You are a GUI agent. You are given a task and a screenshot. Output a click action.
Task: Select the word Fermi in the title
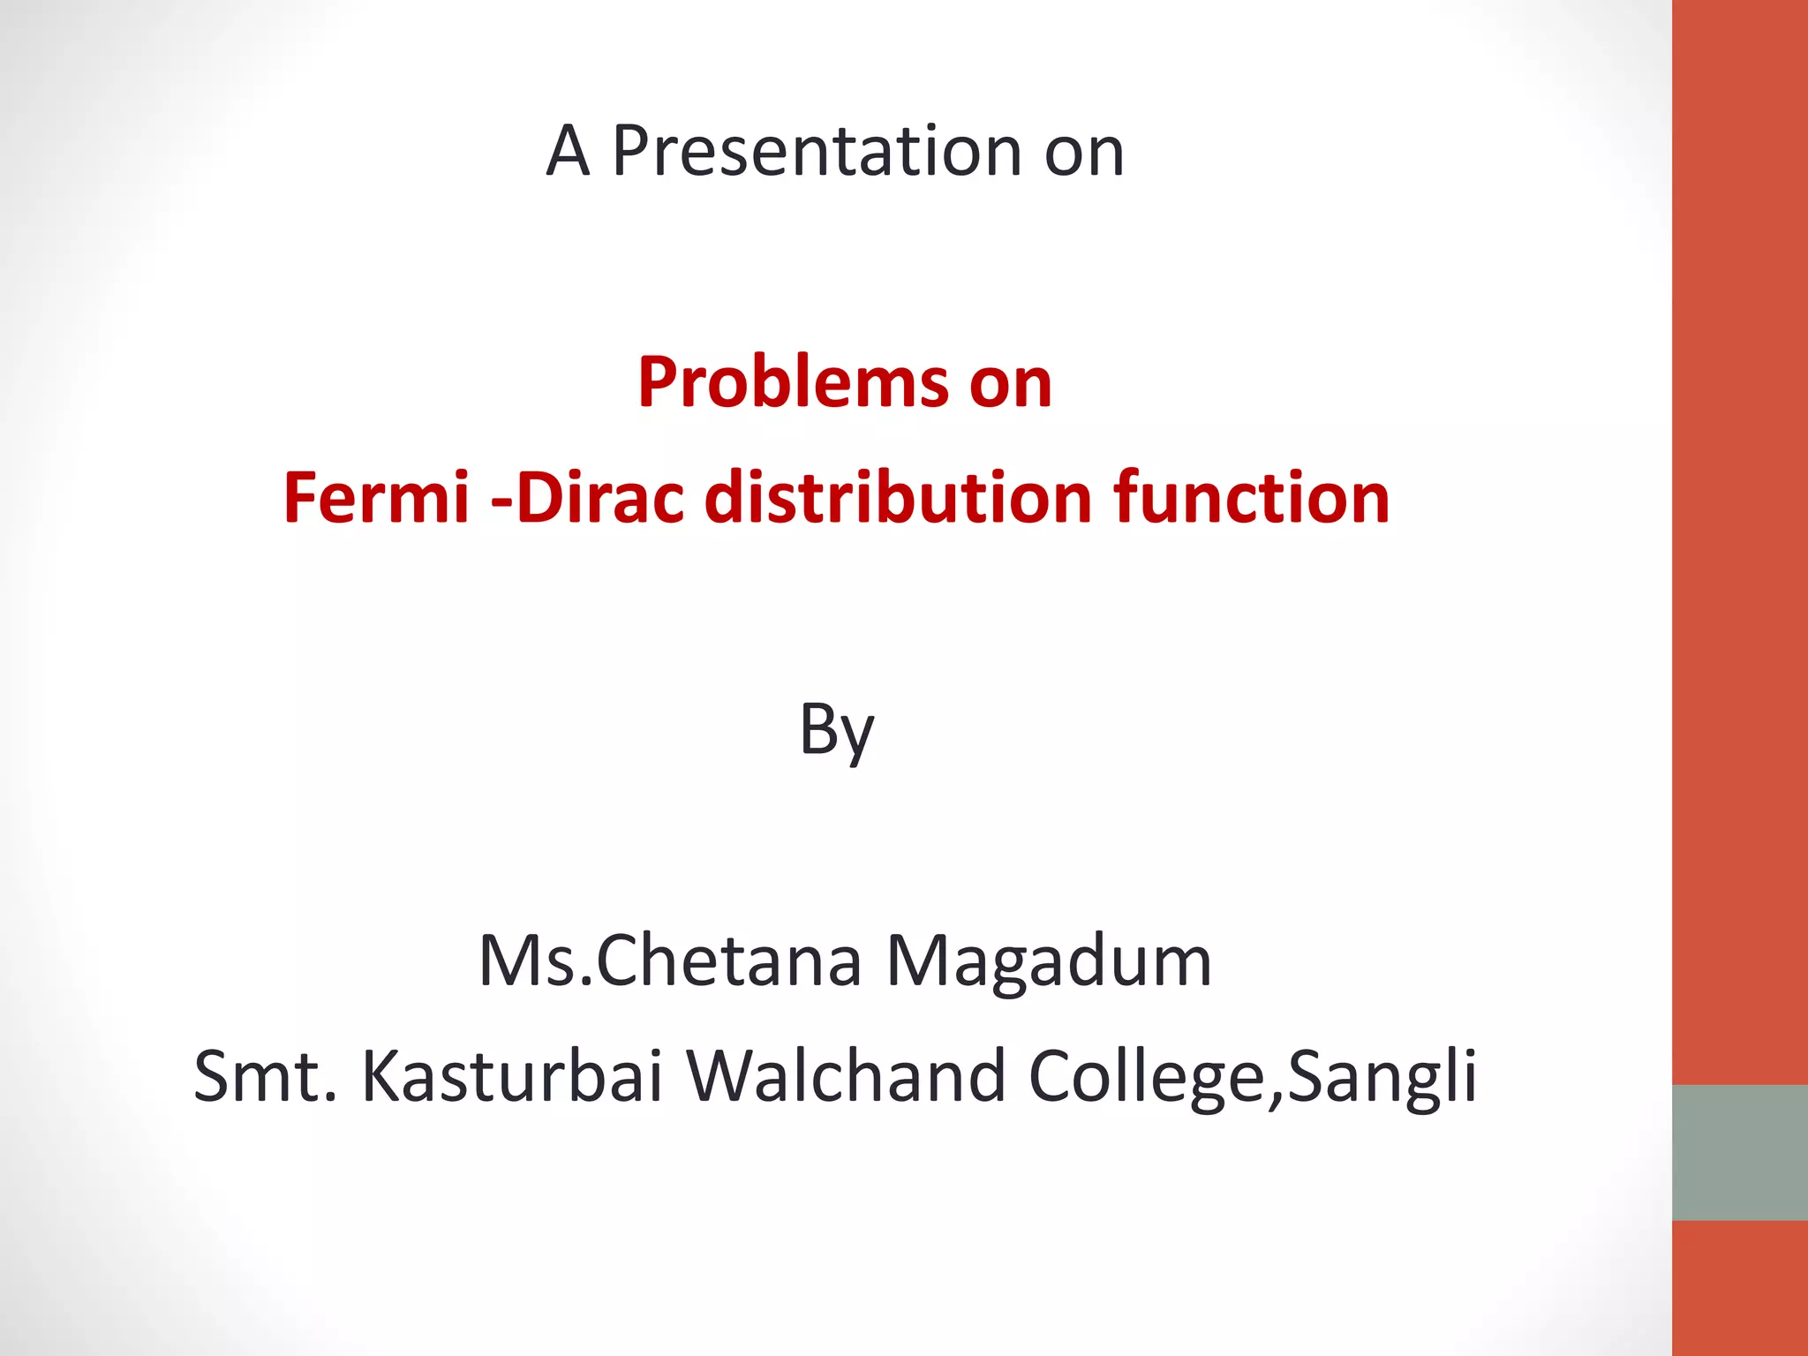[376, 498]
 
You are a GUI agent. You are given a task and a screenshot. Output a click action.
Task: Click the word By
[836, 731]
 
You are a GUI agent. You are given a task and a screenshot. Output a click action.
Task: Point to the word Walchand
[846, 1076]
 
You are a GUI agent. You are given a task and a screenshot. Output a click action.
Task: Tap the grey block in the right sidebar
[1739, 1152]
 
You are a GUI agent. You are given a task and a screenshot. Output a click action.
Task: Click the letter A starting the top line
[567, 152]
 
